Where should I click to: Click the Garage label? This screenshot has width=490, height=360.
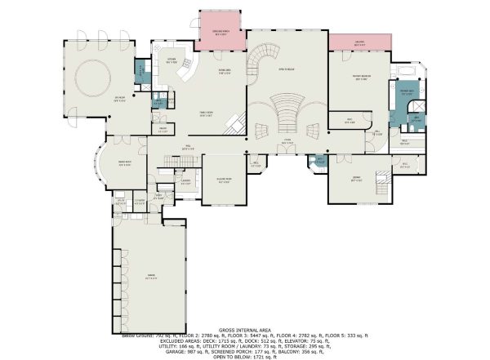pyautogui.click(x=150, y=278)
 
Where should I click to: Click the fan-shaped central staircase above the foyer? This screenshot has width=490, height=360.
pyautogui.click(x=286, y=106)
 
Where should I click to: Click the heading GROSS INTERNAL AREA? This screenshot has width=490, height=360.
pyautogui.click(x=244, y=329)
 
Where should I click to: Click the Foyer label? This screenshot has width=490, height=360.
pyautogui.click(x=287, y=140)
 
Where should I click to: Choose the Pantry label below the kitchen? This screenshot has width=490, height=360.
pyautogui.click(x=163, y=131)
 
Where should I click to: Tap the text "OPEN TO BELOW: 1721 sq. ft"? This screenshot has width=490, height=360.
pyautogui.click(x=244, y=358)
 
